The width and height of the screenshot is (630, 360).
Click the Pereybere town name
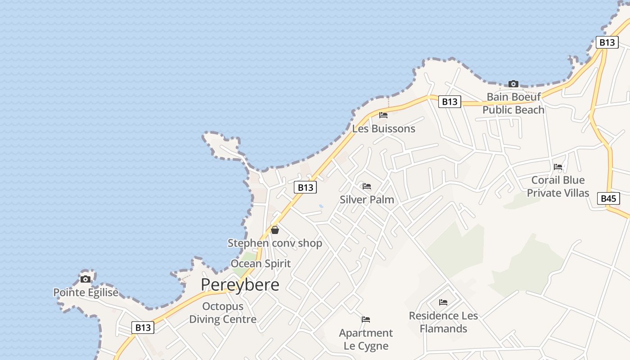click(240, 285)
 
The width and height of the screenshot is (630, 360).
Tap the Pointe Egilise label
click(86, 292)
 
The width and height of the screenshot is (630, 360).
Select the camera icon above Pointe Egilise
click(85, 279)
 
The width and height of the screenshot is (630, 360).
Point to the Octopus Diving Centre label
click(223, 313)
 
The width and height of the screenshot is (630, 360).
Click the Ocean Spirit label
click(261, 264)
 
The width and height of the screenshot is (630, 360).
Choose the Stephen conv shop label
click(274, 243)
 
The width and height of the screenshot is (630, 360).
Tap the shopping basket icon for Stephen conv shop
click(275, 230)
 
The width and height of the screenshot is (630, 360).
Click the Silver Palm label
click(367, 200)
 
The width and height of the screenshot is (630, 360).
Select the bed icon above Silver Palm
click(367, 186)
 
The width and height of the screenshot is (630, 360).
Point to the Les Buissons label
click(383, 129)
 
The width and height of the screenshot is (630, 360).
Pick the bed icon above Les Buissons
click(383, 115)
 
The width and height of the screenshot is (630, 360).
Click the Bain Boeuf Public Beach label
click(513, 103)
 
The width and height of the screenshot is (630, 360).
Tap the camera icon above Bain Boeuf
click(513, 84)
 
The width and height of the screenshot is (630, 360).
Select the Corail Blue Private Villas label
click(558, 186)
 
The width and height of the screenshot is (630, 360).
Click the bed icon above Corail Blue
click(558, 167)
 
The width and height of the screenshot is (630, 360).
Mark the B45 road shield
click(609, 198)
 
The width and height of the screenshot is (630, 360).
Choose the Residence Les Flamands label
click(443, 322)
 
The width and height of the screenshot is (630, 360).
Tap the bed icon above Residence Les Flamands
click(443, 302)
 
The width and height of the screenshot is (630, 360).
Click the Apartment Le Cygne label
click(366, 339)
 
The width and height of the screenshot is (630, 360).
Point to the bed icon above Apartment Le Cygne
click(366, 319)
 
